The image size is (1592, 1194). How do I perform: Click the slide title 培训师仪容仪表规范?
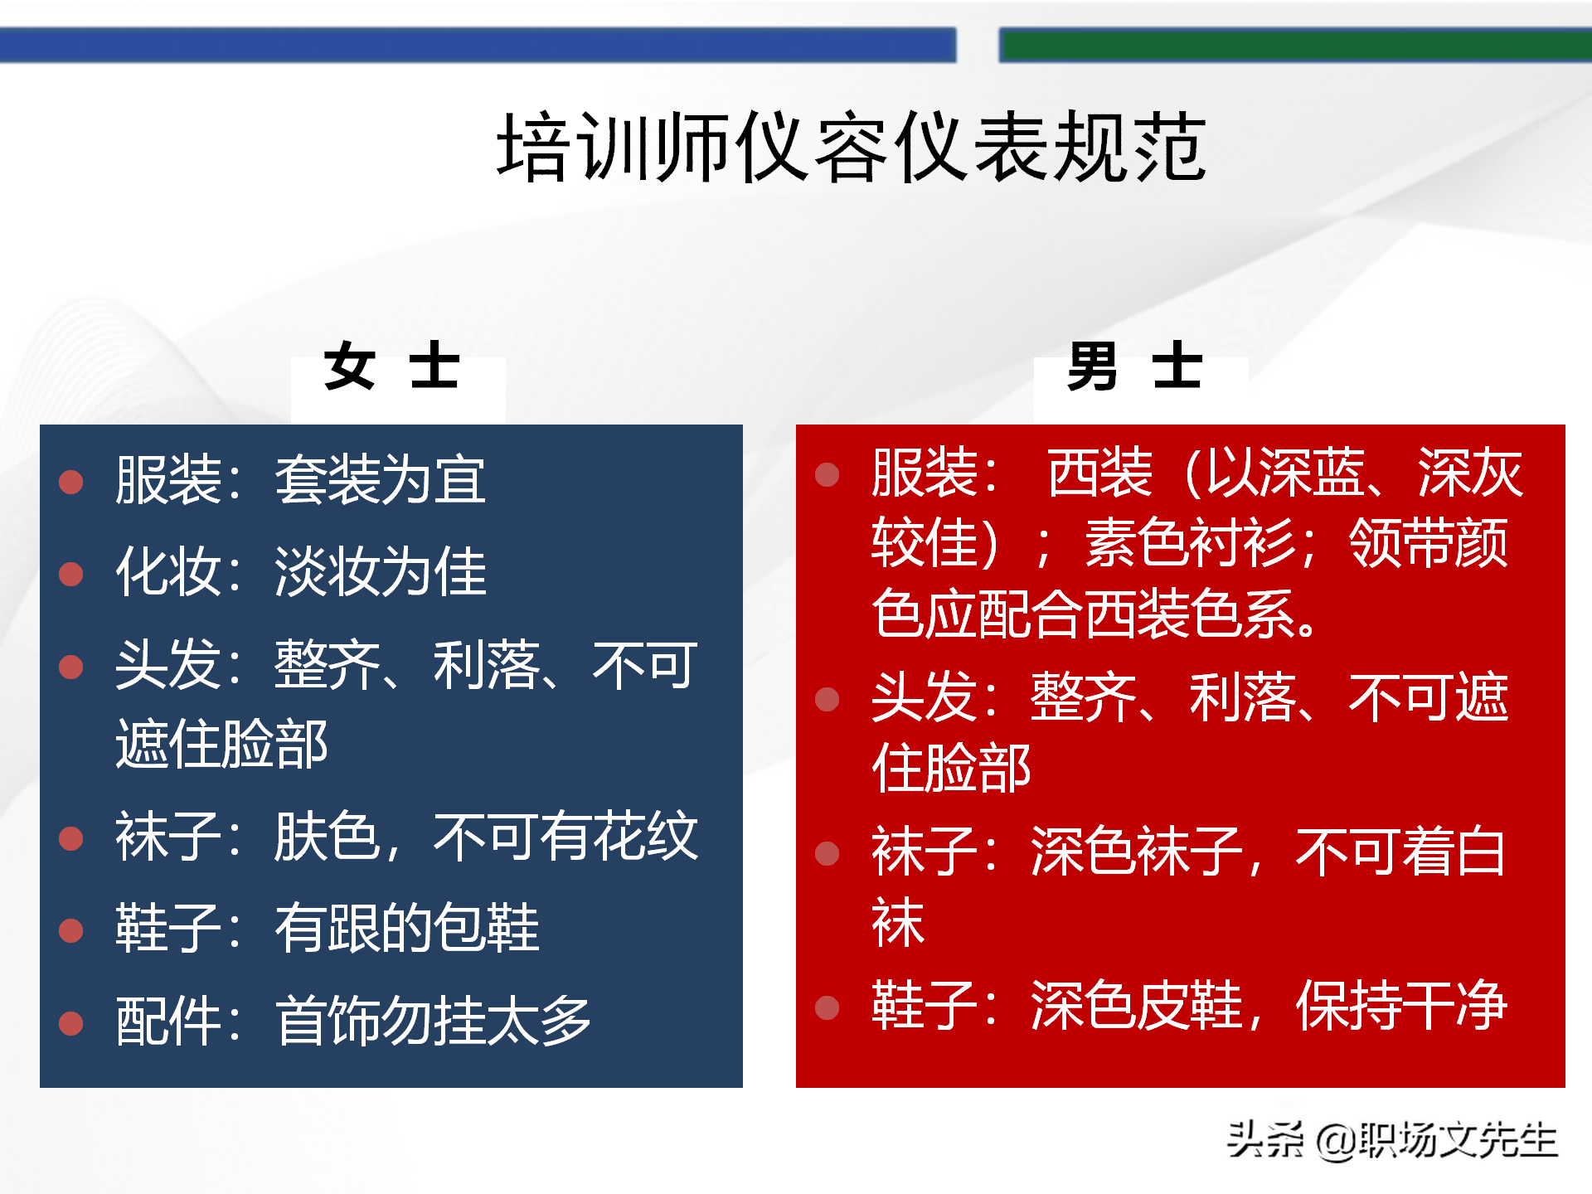(x=851, y=148)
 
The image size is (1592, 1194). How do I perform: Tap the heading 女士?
(x=391, y=366)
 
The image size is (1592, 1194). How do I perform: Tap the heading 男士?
(x=1134, y=366)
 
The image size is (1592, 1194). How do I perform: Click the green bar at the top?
(x=1293, y=45)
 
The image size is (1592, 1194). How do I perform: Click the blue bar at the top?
(x=478, y=45)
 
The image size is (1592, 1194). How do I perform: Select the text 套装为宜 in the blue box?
(x=380, y=480)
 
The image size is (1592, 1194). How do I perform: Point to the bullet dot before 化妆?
(x=71, y=574)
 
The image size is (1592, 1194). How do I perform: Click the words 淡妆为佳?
(x=380, y=572)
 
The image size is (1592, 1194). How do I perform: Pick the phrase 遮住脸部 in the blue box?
(x=221, y=744)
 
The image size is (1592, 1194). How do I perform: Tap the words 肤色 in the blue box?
(x=327, y=837)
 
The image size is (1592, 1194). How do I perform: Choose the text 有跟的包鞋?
(x=406, y=929)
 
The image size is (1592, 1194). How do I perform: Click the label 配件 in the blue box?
(x=168, y=1022)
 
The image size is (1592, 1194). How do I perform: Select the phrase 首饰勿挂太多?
(x=433, y=1022)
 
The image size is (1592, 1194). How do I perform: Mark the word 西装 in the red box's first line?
(x=1100, y=473)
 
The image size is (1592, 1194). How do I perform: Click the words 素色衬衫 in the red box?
(x=1191, y=543)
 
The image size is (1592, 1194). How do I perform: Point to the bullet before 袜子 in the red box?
(x=827, y=853)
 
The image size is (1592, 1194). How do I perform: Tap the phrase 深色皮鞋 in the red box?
(x=1137, y=1007)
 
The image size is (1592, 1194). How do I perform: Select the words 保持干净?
(x=1401, y=1007)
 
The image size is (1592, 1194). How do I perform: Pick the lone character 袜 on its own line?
(x=898, y=922)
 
